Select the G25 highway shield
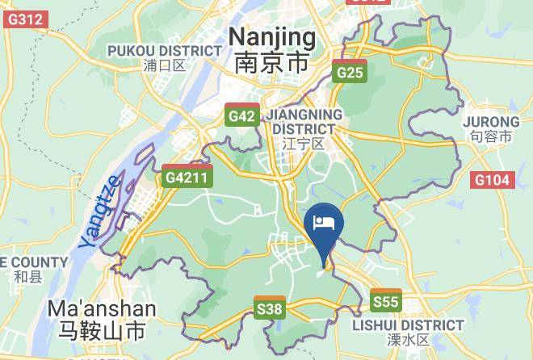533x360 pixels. [x=351, y=71]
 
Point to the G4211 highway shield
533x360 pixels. [x=187, y=177]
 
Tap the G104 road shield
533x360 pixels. [x=493, y=180]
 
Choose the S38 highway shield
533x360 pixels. [x=270, y=308]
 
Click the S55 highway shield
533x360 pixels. [x=386, y=301]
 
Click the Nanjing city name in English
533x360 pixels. [x=272, y=37]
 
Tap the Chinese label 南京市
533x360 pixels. [x=272, y=63]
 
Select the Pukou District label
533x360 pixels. [x=165, y=51]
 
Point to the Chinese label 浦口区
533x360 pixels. [x=164, y=65]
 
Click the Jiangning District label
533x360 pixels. [x=304, y=121]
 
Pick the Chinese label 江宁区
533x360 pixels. [x=304, y=144]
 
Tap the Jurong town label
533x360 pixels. [x=491, y=122]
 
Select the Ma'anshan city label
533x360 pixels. [x=102, y=309]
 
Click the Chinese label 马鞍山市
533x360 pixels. [x=102, y=332]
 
